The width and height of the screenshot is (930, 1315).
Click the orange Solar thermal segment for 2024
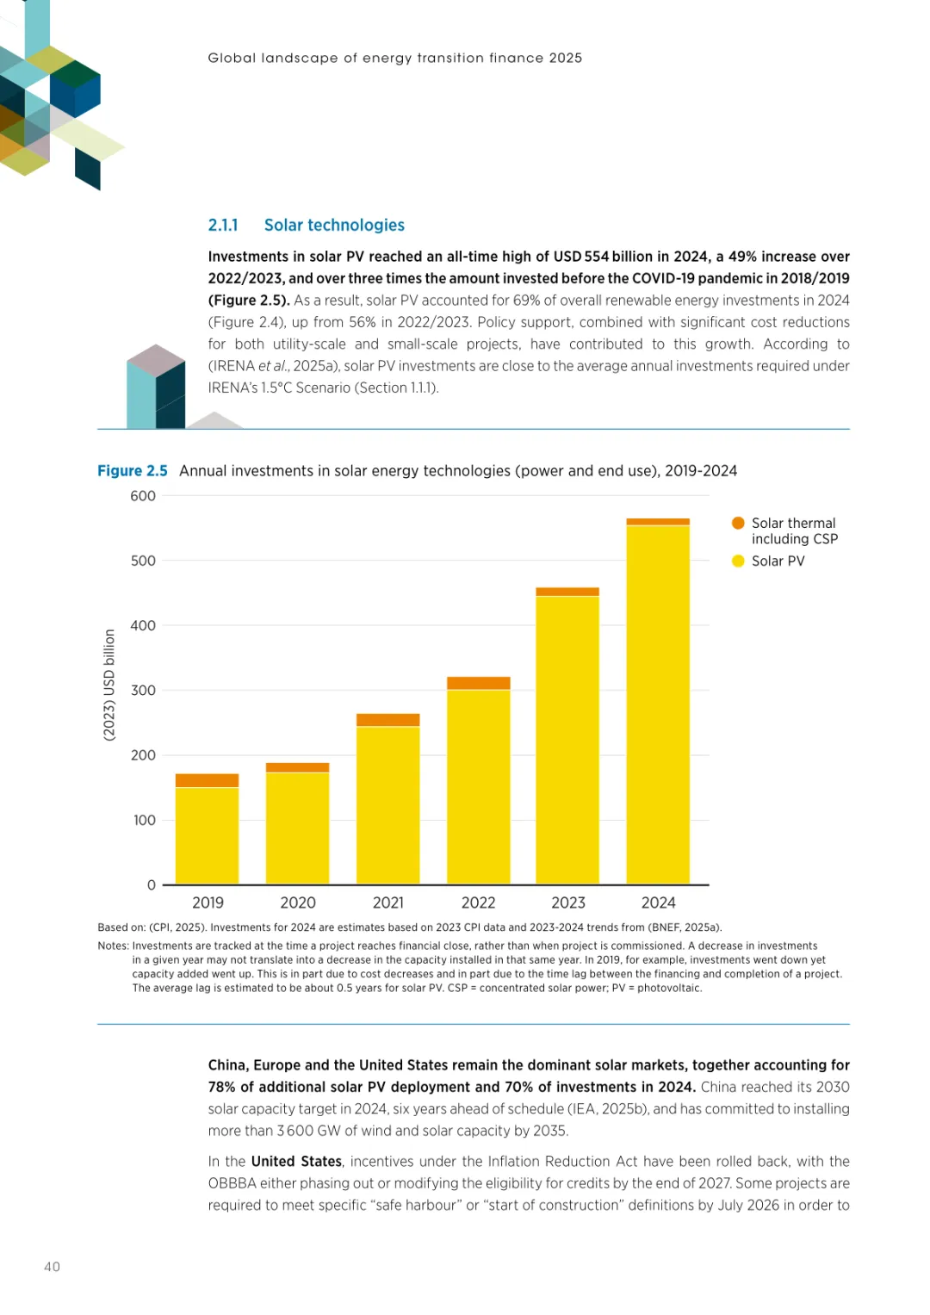pyautogui.click(x=658, y=522)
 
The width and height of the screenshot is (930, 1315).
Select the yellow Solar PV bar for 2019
pyautogui.click(x=207, y=835)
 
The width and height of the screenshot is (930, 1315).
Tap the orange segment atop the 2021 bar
pyautogui.click(x=387, y=720)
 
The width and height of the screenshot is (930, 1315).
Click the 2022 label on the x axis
pyautogui.click(x=478, y=903)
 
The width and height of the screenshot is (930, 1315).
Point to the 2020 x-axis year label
pyautogui.click(x=298, y=903)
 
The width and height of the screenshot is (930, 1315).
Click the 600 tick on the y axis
pyautogui.click(x=143, y=496)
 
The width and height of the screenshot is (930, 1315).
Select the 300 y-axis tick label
pyautogui.click(x=143, y=691)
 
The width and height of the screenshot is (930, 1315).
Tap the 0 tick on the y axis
pyautogui.click(x=152, y=885)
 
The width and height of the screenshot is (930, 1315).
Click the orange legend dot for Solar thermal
pyautogui.click(x=738, y=524)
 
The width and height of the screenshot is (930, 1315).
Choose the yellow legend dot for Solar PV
pyautogui.click(x=738, y=561)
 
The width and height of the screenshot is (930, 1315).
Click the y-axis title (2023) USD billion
pyautogui.click(x=109, y=685)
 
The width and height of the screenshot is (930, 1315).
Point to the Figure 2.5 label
pyautogui.click(x=133, y=471)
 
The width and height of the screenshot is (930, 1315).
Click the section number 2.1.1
pyautogui.click(x=223, y=226)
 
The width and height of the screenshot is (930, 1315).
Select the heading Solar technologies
pyautogui.click(x=334, y=226)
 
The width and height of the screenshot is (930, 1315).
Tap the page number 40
pyautogui.click(x=53, y=1267)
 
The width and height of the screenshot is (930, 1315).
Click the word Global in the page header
pyautogui.click(x=232, y=59)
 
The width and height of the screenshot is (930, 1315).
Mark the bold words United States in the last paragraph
pyautogui.click(x=296, y=1162)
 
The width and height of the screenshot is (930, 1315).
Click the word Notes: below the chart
pyautogui.click(x=113, y=946)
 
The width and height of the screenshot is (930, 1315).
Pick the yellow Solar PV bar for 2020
pyautogui.click(x=297, y=828)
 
